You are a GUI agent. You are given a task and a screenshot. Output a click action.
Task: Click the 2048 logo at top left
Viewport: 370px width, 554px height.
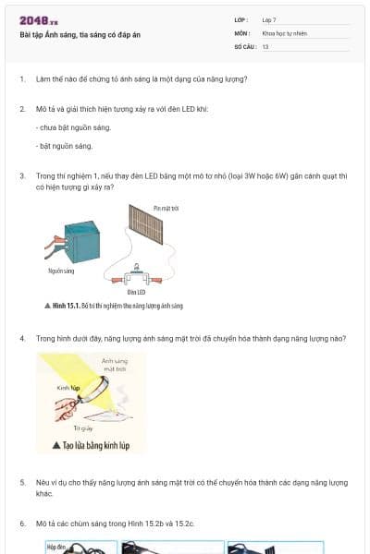[x=38, y=20]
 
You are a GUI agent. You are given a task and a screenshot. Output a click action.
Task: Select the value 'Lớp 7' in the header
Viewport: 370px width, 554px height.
[x=269, y=18]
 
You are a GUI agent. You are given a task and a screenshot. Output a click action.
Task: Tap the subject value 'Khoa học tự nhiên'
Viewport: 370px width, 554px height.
[x=282, y=32]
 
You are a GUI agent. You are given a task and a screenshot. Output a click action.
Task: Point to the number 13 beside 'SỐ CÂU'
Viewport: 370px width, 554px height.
[x=265, y=46]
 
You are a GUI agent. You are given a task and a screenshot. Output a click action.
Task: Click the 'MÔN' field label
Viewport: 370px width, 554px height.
[x=242, y=32]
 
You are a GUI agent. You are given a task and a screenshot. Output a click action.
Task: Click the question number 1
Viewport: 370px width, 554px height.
[x=21, y=78]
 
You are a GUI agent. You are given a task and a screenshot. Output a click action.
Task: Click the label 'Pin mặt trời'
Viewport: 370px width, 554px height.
[x=166, y=209]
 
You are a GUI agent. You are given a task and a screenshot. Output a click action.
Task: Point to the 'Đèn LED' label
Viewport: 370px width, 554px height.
[x=137, y=292]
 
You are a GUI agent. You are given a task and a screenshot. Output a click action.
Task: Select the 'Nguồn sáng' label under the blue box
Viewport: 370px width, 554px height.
[x=61, y=271]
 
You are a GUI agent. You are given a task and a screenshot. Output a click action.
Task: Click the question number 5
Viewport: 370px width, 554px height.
[x=21, y=482]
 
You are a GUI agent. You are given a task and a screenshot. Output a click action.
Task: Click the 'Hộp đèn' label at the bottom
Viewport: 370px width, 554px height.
[x=57, y=547]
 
